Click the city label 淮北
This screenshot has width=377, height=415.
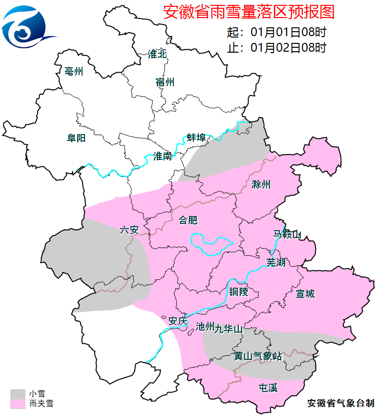tap(157, 54)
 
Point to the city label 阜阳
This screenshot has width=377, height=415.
tap(76, 138)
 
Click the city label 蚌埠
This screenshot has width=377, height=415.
tap(196, 138)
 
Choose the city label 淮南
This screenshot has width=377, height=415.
tap(163, 156)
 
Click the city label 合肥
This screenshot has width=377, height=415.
tap(188, 220)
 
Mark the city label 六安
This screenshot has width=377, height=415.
tap(129, 230)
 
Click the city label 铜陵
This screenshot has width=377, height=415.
tap(239, 292)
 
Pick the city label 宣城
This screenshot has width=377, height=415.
tap(306, 294)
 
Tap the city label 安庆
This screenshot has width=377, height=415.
tap(177, 321)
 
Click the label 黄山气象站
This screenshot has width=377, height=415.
tap(258, 356)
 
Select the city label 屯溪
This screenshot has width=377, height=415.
tap(268, 388)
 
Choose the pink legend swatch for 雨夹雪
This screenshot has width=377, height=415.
tap(18, 404)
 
